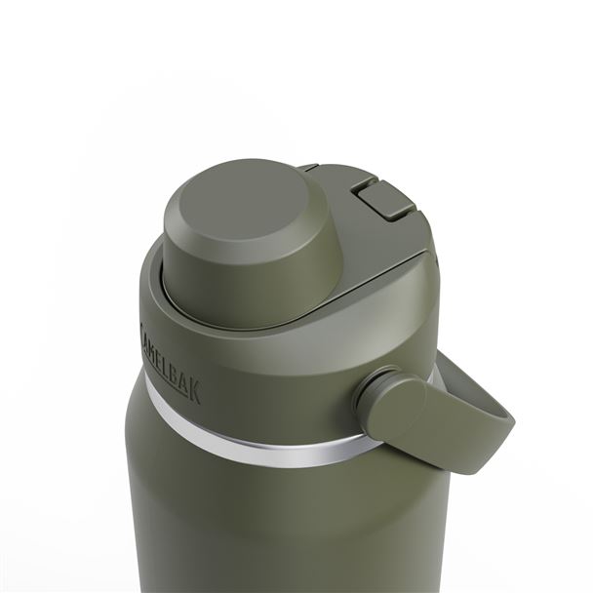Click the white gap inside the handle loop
[454, 390]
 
